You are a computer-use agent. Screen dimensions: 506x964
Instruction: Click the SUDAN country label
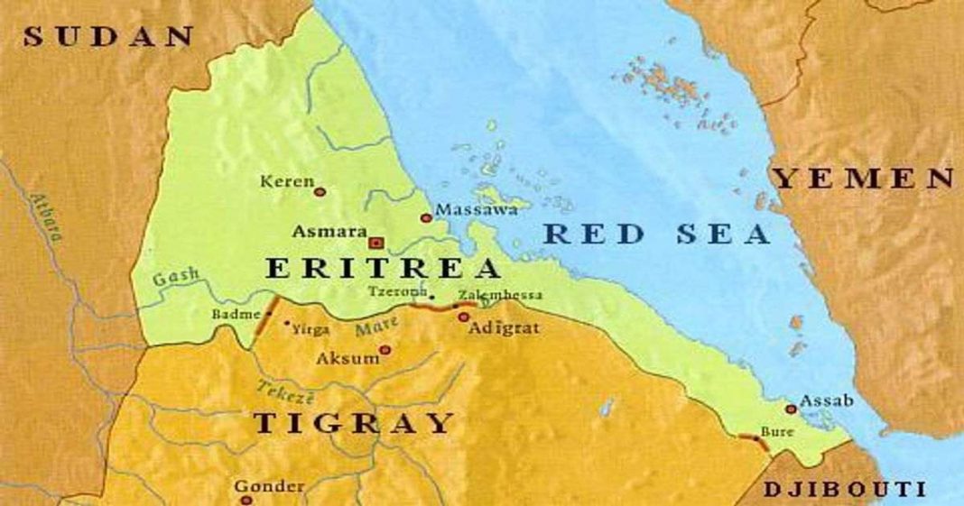[108, 37]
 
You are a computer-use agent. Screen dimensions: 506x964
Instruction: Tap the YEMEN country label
[865, 179]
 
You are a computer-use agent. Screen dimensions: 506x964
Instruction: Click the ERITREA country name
[382, 269]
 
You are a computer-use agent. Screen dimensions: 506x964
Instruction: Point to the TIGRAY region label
[353, 422]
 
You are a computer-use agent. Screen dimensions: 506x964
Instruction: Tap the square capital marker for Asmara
[376, 243]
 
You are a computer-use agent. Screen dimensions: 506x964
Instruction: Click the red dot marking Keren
[319, 191]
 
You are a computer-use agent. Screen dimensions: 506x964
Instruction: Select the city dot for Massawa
[426, 217]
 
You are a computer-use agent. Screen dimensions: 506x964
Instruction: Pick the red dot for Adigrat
[463, 317]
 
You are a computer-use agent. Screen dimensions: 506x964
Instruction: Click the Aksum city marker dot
[385, 350]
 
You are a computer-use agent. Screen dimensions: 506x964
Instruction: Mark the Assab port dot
[791, 409]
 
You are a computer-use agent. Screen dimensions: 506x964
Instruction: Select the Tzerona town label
[396, 291]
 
